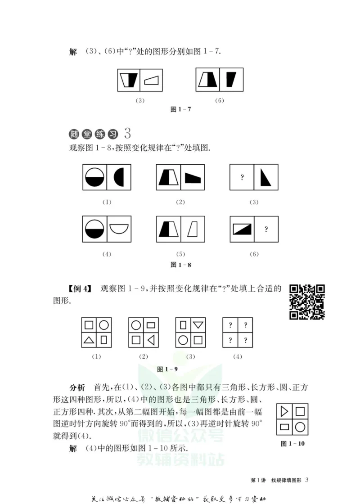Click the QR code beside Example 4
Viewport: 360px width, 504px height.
(x=307, y=301)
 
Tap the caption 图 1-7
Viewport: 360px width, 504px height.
(x=180, y=109)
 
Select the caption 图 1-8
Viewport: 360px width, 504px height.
(x=181, y=265)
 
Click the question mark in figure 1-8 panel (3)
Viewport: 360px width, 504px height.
(x=242, y=177)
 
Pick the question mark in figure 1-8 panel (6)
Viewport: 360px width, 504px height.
(x=266, y=229)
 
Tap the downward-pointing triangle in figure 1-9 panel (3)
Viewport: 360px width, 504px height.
(x=198, y=324)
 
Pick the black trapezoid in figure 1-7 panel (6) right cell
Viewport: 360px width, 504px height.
(x=231, y=80)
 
